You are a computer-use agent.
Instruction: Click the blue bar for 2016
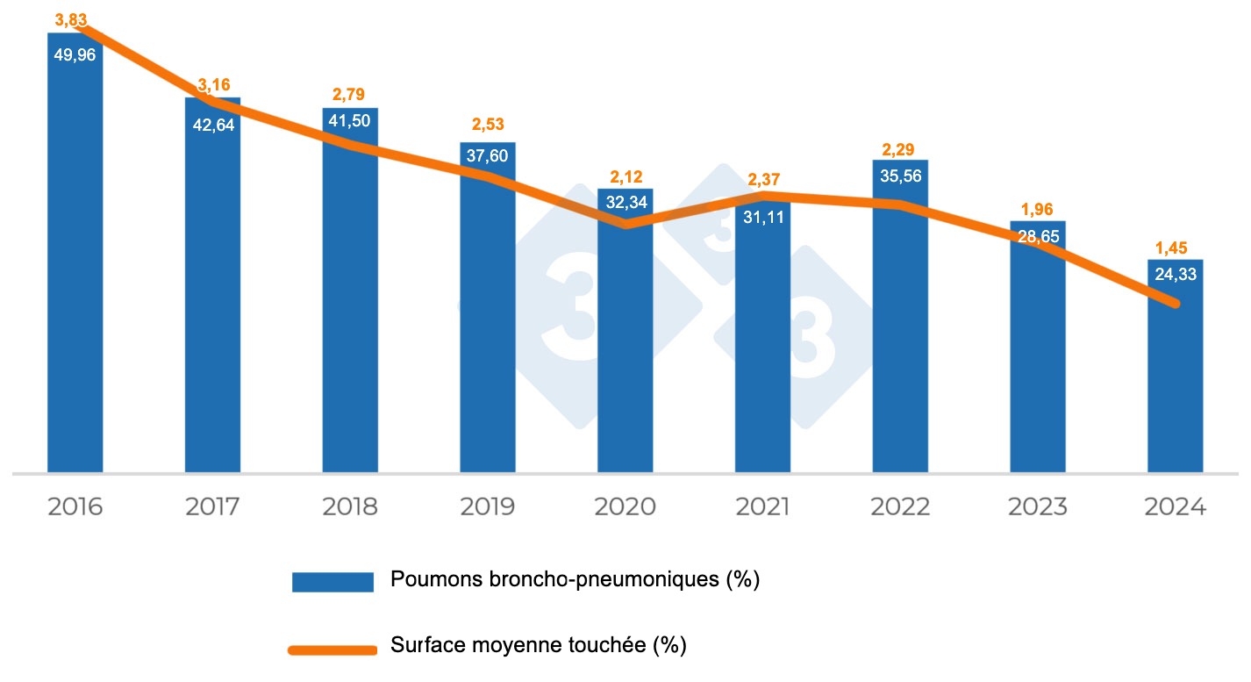[75, 263]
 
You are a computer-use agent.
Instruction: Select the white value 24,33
[1176, 274]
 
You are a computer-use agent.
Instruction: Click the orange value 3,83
[72, 18]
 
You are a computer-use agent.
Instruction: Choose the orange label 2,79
[350, 94]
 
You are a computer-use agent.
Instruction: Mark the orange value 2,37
[763, 181]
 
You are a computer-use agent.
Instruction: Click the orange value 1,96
[1038, 209]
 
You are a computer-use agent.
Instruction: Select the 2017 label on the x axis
[213, 507]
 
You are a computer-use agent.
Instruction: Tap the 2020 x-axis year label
[625, 507]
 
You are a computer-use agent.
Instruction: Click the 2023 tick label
[1038, 507]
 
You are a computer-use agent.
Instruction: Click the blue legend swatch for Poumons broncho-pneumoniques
[332, 581]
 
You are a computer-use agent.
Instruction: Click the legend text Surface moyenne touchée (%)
[538, 647]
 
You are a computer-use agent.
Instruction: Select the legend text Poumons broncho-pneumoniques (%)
[575, 579]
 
